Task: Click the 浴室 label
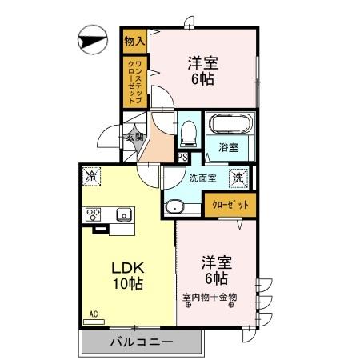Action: tap(229, 147)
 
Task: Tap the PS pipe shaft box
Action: tap(183, 157)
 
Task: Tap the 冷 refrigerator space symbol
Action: tap(94, 175)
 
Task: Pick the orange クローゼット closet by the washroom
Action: tap(230, 205)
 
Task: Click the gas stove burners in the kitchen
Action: tap(93, 214)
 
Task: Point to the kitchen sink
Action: tap(123, 214)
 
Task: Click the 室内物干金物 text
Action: tap(210, 298)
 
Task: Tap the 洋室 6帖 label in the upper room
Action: tap(203, 70)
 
